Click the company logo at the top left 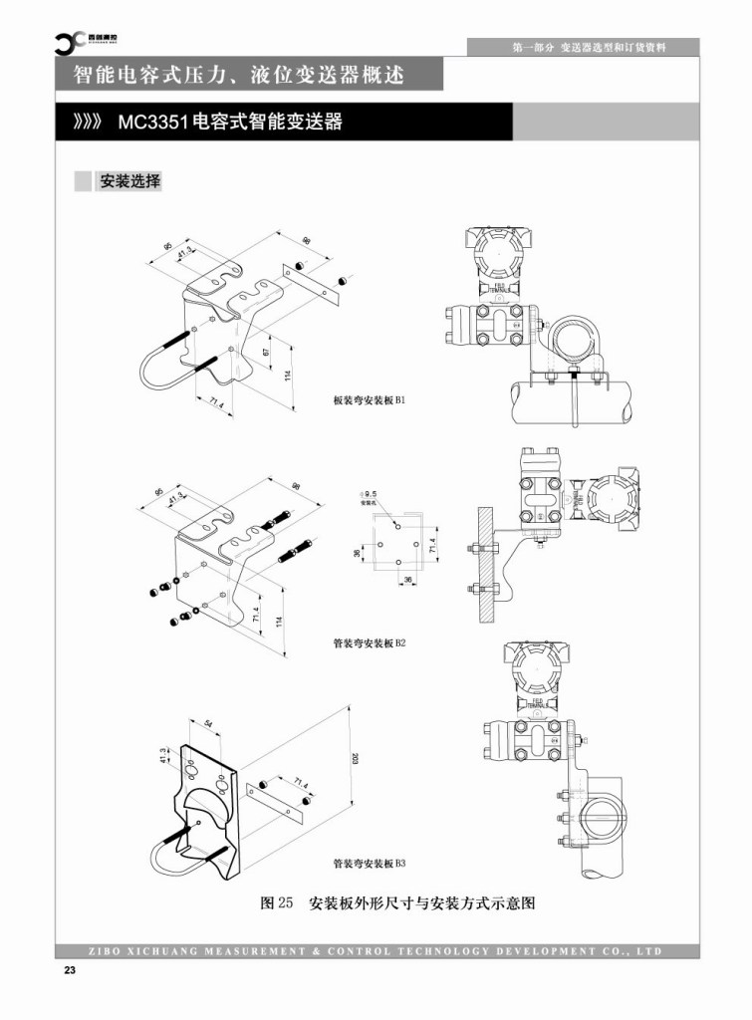tap(72, 41)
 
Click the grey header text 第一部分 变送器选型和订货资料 tap(588, 47)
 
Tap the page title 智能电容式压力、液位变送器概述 tap(240, 75)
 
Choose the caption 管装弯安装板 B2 tap(369, 643)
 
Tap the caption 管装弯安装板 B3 tap(370, 864)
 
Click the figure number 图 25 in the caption tap(276, 904)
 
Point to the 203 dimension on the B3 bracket tap(356, 759)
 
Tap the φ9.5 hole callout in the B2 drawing tap(370, 494)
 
